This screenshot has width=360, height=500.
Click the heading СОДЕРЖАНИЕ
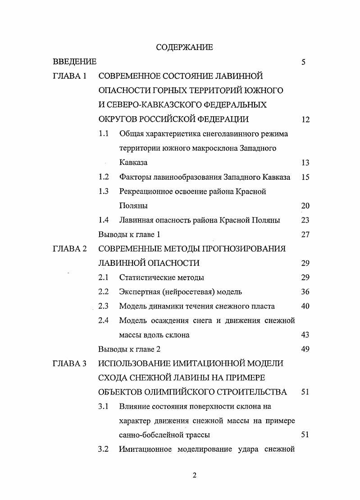pyautogui.click(x=184, y=47)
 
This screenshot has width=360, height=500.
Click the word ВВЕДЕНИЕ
pyautogui.click(x=74, y=62)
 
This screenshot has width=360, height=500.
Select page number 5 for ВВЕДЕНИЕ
pyautogui.click(x=304, y=62)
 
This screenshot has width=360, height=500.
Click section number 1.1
pyautogui.click(x=104, y=134)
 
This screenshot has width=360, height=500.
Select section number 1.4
pyautogui.click(x=104, y=220)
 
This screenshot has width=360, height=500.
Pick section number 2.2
pyautogui.click(x=104, y=292)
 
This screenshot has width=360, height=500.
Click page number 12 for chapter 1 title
pyautogui.click(x=305, y=120)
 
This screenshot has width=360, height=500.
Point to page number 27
pyautogui.click(x=305, y=235)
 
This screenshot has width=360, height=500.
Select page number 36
pyautogui.click(x=305, y=292)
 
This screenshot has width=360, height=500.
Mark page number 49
pyautogui.click(x=305, y=349)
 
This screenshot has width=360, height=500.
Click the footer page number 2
pyautogui.click(x=194, y=476)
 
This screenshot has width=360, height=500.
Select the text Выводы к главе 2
pyautogui.click(x=129, y=349)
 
